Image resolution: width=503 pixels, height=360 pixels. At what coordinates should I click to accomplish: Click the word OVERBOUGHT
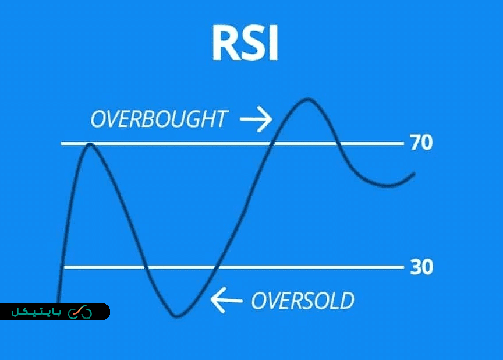tap(158, 119)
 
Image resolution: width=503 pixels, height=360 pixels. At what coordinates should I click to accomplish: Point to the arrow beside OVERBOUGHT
tap(256, 119)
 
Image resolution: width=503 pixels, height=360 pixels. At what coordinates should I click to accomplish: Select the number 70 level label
tap(421, 143)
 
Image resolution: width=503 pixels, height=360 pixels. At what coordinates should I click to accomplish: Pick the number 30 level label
tap(421, 267)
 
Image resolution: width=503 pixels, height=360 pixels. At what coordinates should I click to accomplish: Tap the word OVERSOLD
tap(302, 301)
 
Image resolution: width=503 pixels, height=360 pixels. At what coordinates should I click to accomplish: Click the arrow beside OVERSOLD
tap(226, 301)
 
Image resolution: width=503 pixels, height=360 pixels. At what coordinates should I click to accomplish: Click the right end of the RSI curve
tap(414, 174)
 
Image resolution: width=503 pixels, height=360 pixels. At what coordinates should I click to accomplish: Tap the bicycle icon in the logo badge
tap(80, 312)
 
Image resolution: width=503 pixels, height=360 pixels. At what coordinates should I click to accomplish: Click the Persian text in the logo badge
tap(37, 312)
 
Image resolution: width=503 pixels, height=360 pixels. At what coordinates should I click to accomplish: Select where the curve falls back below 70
tap(338, 143)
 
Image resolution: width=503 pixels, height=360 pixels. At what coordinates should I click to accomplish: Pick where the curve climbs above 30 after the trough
tap(216, 267)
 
